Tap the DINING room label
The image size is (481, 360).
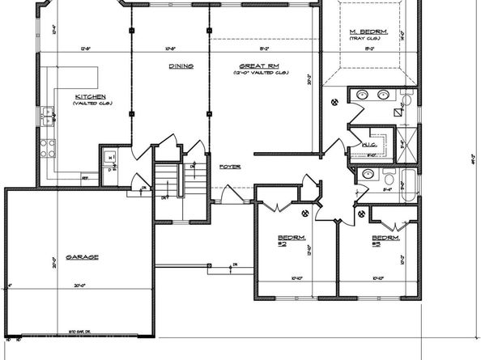click(x=180, y=66)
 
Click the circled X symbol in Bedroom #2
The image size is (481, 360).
click(x=304, y=214)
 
